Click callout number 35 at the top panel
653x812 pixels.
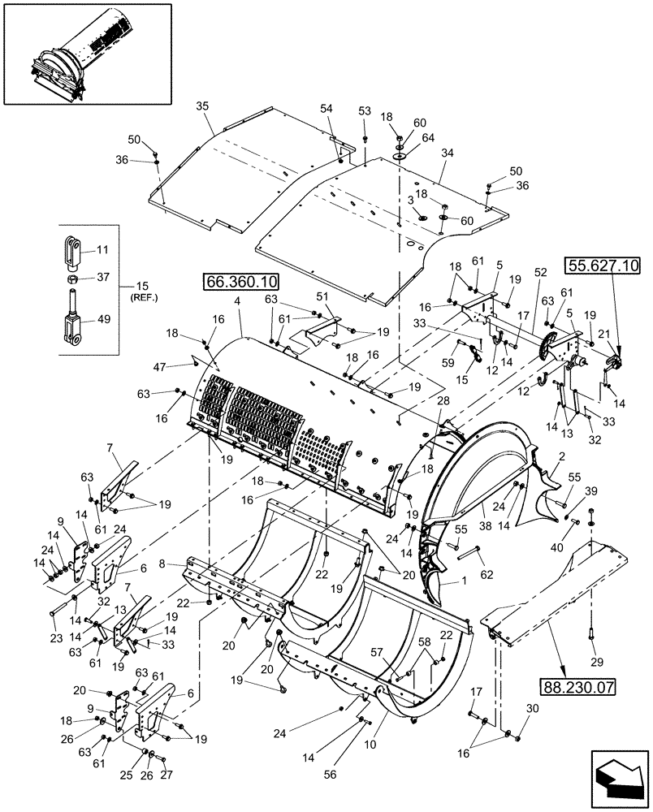coord(203,106)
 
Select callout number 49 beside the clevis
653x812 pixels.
coord(102,319)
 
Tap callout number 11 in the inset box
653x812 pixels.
coord(102,249)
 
